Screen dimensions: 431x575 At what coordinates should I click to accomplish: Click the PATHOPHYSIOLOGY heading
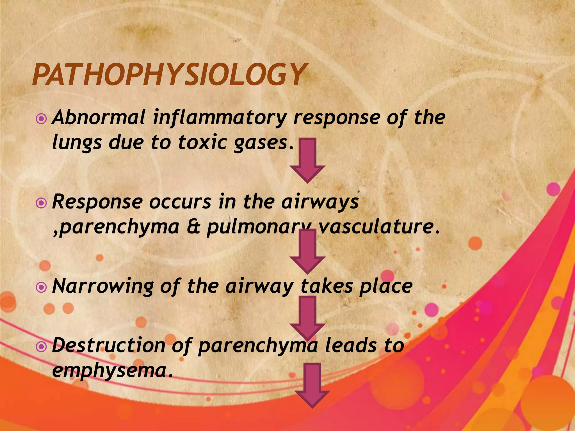[168, 75]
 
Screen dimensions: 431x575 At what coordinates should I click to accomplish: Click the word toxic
[202, 143]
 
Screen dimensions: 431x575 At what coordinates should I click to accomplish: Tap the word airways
[320, 202]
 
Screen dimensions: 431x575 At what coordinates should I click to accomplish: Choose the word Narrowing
[103, 287]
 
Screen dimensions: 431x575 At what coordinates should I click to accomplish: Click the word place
[386, 287]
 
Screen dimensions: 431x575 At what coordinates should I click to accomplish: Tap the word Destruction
[108, 346]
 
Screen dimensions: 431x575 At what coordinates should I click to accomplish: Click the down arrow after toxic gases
[308, 160]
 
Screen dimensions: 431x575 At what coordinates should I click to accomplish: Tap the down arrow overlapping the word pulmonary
[308, 251]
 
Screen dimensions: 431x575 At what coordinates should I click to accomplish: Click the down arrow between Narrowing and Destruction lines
[308, 318]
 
